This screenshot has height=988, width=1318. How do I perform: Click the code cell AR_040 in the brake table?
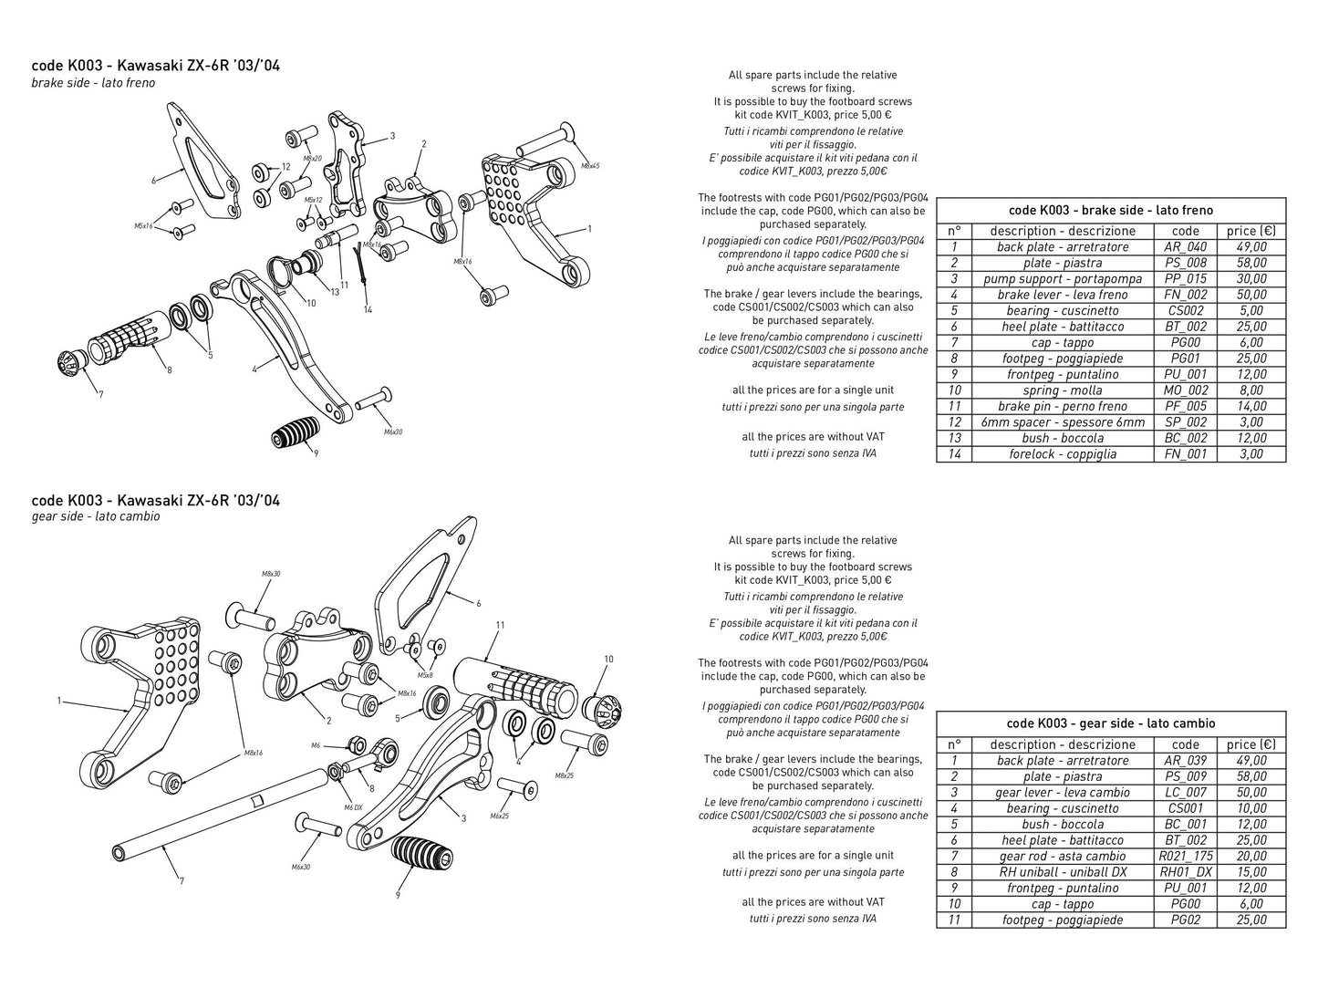pos(1186,246)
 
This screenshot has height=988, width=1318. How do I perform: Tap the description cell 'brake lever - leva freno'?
pos(1062,295)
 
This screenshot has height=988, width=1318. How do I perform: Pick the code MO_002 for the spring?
pos(1186,390)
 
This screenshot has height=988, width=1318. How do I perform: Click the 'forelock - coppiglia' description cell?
pos(1062,454)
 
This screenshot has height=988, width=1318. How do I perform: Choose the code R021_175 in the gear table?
pos(1186,856)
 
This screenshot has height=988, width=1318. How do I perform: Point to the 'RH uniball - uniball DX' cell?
pos(1062,872)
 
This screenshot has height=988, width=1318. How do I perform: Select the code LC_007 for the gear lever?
pos(1186,792)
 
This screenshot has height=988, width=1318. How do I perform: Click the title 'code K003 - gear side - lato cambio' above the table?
pos(1110,723)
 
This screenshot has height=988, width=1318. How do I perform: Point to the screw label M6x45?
pos(589,166)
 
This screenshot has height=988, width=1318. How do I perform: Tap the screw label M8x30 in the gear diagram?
pos(271,574)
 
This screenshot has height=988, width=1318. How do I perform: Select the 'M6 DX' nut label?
pos(353,807)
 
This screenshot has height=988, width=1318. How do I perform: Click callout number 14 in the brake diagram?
pos(368,310)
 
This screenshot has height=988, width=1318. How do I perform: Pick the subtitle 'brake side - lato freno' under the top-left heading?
pos(93,83)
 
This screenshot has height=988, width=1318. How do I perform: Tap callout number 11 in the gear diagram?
pos(500,625)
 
